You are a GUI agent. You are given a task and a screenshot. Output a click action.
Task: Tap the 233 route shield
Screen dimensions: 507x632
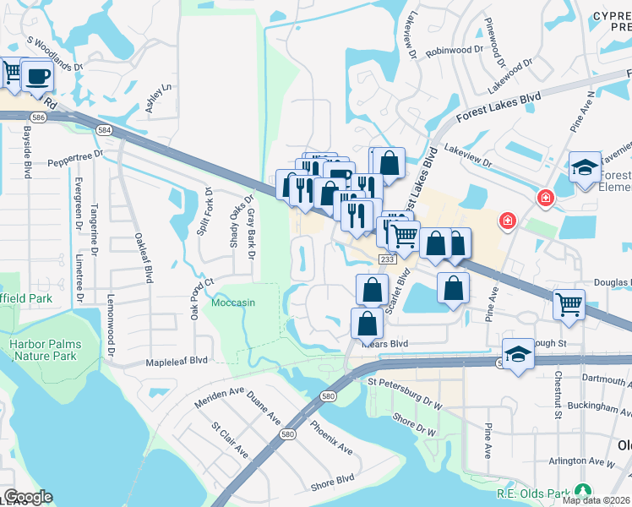pos(386,259)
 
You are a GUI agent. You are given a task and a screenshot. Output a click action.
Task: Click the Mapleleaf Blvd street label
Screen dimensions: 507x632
pos(177,360)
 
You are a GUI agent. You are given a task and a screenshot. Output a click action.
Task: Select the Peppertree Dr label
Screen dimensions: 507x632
pos(74,158)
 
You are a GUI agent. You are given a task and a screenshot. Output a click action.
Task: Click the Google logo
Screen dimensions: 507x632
pos(28,497)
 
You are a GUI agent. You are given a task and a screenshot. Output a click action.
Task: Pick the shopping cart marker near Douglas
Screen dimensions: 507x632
pos(569,304)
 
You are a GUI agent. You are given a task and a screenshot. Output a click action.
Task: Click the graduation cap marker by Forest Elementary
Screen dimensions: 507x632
pos(584,167)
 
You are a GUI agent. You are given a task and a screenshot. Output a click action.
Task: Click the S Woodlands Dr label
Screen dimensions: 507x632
pos(56,52)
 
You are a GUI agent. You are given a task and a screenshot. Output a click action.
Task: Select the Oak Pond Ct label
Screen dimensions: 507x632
pos(196,298)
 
